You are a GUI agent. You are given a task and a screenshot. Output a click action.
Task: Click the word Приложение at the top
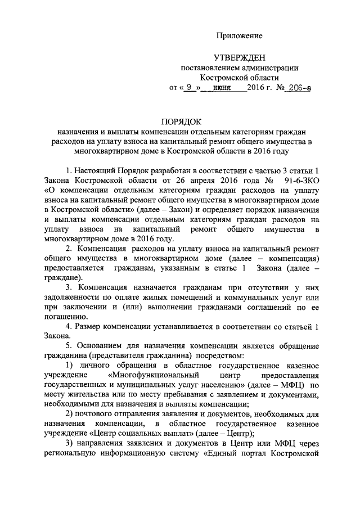[240, 36]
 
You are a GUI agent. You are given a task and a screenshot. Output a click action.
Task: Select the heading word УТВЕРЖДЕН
[239, 58]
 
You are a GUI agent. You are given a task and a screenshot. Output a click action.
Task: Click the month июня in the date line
[222, 88]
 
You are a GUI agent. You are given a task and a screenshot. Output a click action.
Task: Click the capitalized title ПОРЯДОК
[181, 121]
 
